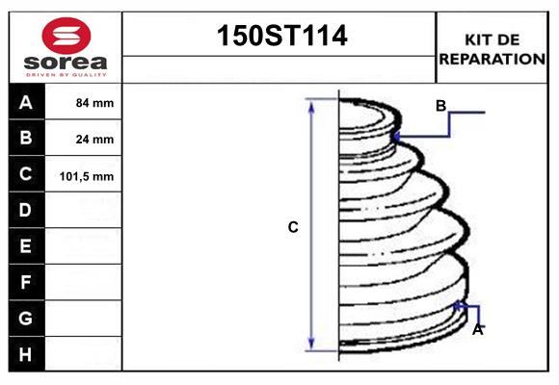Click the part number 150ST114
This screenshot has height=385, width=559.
[279, 37]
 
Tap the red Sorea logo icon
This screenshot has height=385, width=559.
[65, 35]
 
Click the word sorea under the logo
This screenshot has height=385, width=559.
[65, 63]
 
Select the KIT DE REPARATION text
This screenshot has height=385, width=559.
[492, 49]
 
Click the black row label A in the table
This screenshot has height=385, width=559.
[26, 102]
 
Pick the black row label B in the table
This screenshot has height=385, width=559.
[26, 138]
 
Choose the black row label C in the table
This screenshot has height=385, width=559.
[26, 174]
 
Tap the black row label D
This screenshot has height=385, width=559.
[26, 210]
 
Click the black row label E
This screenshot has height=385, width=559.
[26, 246]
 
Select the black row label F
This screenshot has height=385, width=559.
[26, 282]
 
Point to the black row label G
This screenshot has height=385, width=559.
[26, 318]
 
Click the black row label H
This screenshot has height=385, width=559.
[26, 354]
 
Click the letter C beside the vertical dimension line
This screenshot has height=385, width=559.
[293, 227]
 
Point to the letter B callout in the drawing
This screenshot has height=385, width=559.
[440, 106]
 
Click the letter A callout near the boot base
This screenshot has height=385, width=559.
[477, 329]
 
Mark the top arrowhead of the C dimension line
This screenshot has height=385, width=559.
[311, 103]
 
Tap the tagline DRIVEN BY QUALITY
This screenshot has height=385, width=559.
[65, 74]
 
